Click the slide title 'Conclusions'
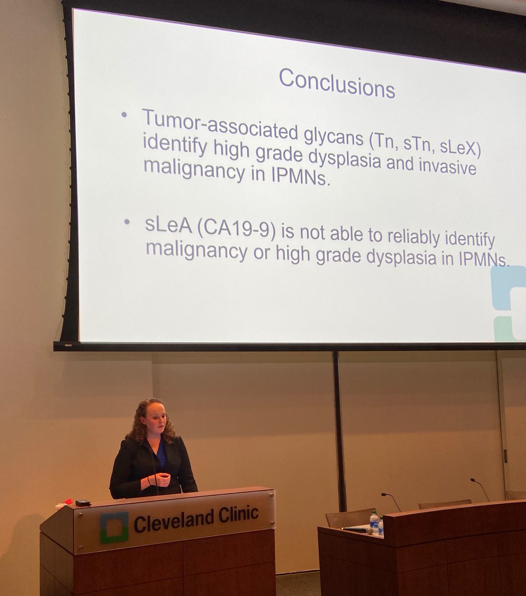click(x=336, y=83)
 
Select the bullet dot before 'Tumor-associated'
click(x=125, y=115)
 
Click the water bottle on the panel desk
click(x=374, y=520)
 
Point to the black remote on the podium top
click(x=83, y=503)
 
